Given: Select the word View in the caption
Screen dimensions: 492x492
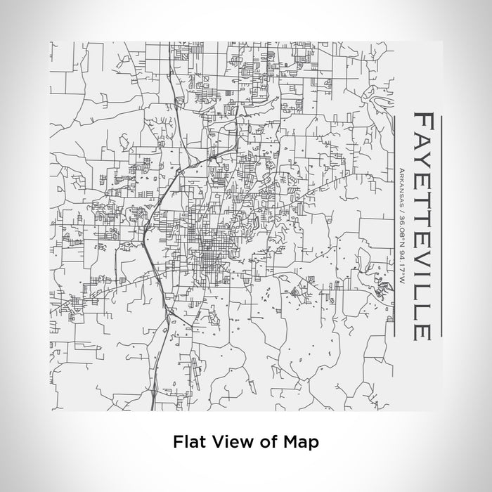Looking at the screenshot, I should tap(226, 442).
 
